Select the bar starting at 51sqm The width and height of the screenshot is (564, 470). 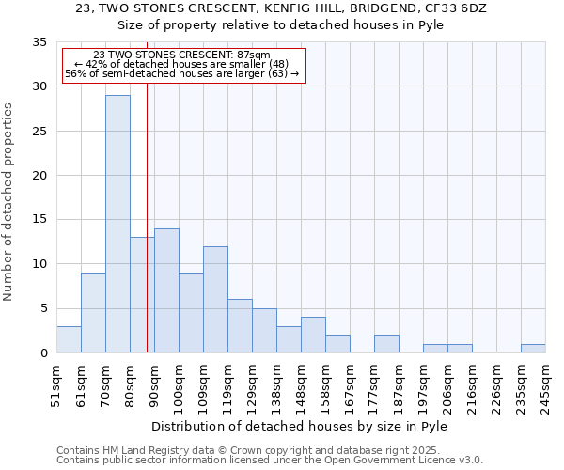click(x=69, y=339)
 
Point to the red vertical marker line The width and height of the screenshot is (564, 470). click(x=148, y=207)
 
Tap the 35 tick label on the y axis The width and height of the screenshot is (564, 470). click(x=39, y=42)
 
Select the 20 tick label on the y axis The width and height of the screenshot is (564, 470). click(x=39, y=176)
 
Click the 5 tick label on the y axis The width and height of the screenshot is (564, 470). click(x=42, y=309)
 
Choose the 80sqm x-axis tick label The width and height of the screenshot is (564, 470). click(x=131, y=384)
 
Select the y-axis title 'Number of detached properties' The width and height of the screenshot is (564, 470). click(x=9, y=202)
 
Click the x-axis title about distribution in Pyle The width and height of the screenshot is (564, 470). click(x=299, y=426)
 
